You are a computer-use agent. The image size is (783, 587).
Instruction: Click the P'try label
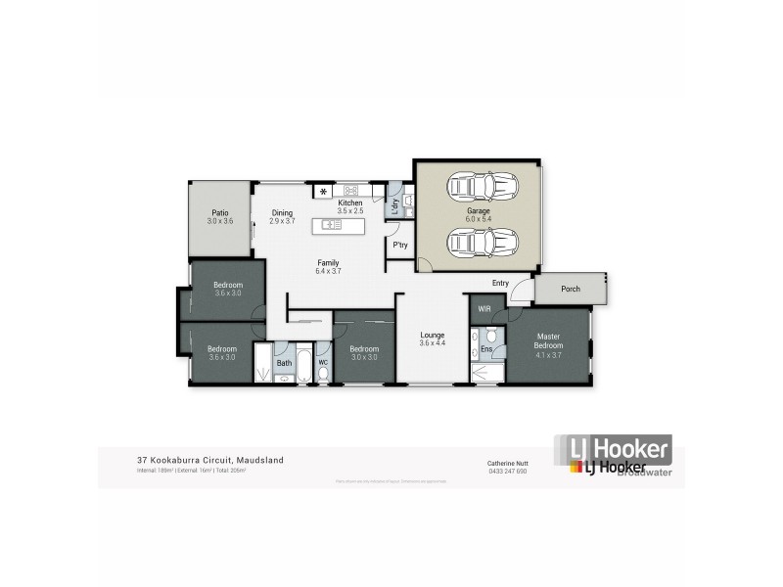(399, 246)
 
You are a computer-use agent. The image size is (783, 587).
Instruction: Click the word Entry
(501, 285)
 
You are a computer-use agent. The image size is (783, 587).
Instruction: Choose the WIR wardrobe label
(484, 309)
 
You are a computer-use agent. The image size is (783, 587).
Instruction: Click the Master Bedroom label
(548, 341)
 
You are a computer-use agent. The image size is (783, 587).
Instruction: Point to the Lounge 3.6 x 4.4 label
(432, 338)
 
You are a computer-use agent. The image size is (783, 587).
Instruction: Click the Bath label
(284, 364)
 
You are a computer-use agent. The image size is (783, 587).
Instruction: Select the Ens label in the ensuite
(485, 349)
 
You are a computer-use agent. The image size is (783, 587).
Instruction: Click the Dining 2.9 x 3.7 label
(282, 217)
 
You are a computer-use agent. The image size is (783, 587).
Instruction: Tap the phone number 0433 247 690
(507, 471)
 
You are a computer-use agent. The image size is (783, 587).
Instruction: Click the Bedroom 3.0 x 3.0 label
(364, 353)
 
